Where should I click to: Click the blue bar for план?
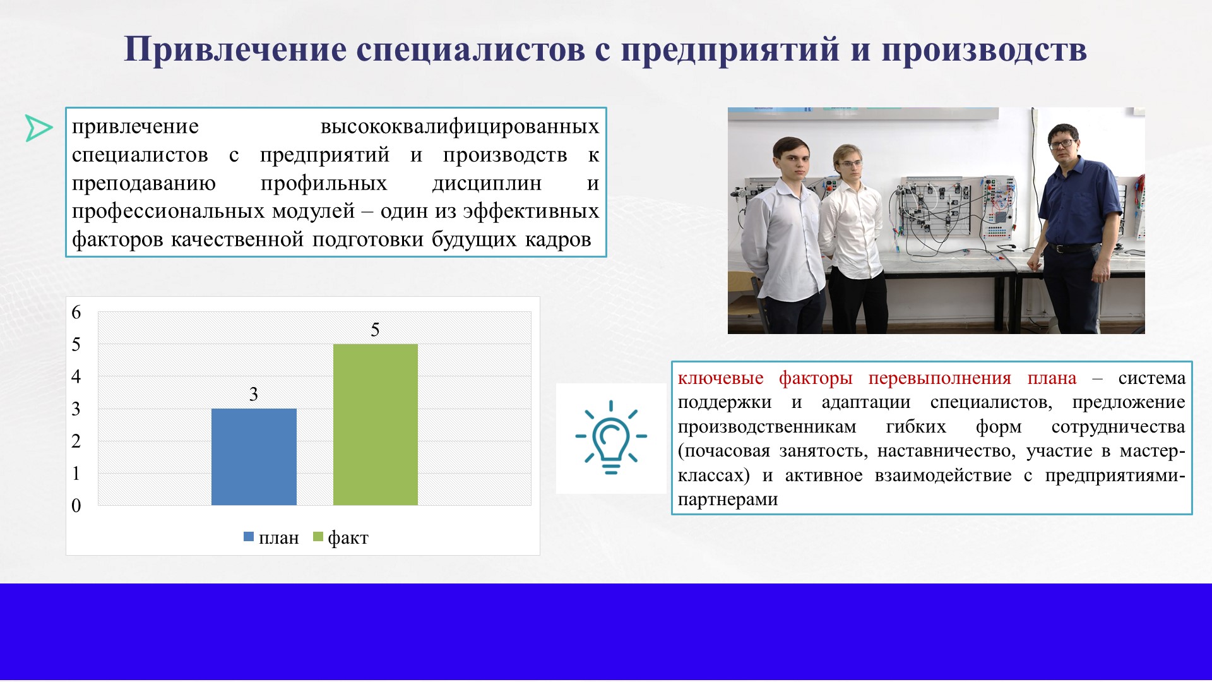[x=254, y=457]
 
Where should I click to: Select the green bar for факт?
[x=376, y=424]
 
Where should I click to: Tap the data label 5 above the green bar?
[x=375, y=330]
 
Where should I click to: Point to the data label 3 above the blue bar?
[x=254, y=394]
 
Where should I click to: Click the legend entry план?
[x=271, y=537]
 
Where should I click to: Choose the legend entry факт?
[x=341, y=537]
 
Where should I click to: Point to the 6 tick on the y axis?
[x=76, y=312]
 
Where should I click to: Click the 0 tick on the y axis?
[x=76, y=505]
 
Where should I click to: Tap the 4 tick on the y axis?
[x=76, y=376]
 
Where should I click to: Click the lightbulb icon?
[x=611, y=437]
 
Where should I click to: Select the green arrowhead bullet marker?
[x=39, y=128]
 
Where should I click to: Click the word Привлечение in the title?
[x=235, y=49]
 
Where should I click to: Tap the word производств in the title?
[x=984, y=49]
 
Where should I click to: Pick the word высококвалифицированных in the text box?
[x=460, y=126]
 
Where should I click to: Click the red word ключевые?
[x=720, y=378]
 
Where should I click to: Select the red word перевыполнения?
[x=940, y=378]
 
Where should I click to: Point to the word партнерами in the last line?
[x=728, y=500]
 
